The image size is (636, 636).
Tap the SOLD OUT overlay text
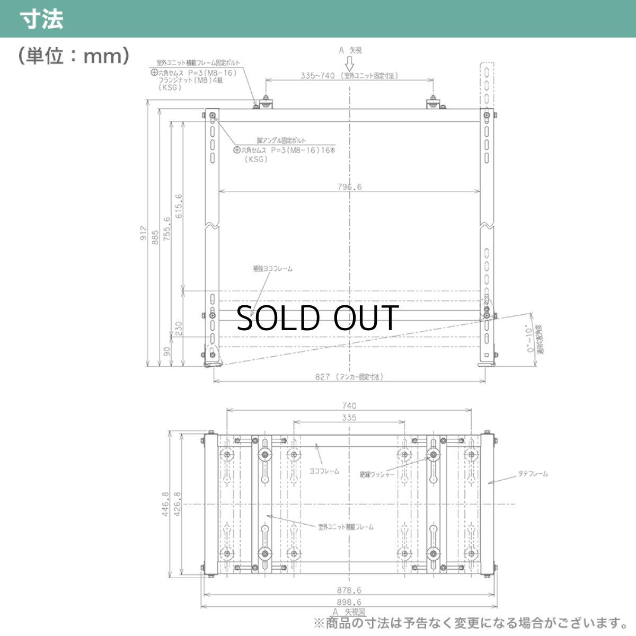tap(317, 318)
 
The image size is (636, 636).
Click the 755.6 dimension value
tap(167, 228)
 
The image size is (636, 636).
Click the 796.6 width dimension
tap(349, 187)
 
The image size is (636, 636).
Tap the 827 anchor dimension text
tap(349, 377)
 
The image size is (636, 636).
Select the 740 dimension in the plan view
tap(349, 405)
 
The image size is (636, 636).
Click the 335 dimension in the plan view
tap(349, 418)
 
